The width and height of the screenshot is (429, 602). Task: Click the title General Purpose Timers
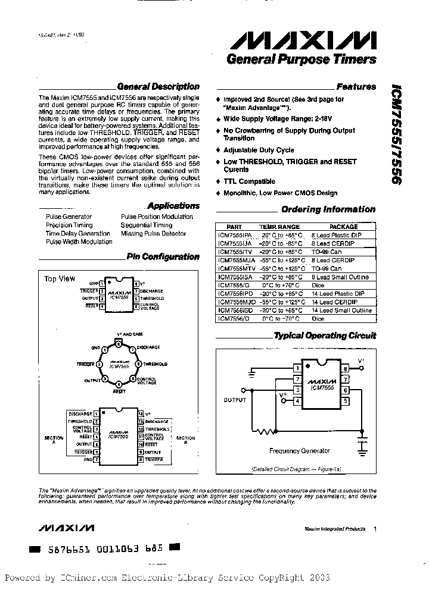[x=301, y=59]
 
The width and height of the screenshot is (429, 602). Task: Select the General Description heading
[x=158, y=86]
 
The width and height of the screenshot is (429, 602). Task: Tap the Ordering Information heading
[x=328, y=209]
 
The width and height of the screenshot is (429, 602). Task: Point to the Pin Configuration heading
[x=163, y=257]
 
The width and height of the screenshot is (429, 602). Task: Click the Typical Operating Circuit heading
[x=325, y=336]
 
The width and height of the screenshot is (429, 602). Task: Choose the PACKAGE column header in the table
[x=344, y=227]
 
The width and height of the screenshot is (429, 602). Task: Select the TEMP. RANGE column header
[x=279, y=227]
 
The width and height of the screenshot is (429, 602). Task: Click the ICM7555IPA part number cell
[x=235, y=235]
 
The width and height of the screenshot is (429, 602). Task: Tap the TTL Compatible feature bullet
[x=249, y=181]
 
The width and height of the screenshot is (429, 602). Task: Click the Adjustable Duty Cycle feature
[x=259, y=150]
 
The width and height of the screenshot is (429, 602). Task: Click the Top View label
[x=60, y=278]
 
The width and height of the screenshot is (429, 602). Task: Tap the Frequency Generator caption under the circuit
[x=300, y=451]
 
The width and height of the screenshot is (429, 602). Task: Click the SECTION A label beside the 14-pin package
[x=54, y=440]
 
